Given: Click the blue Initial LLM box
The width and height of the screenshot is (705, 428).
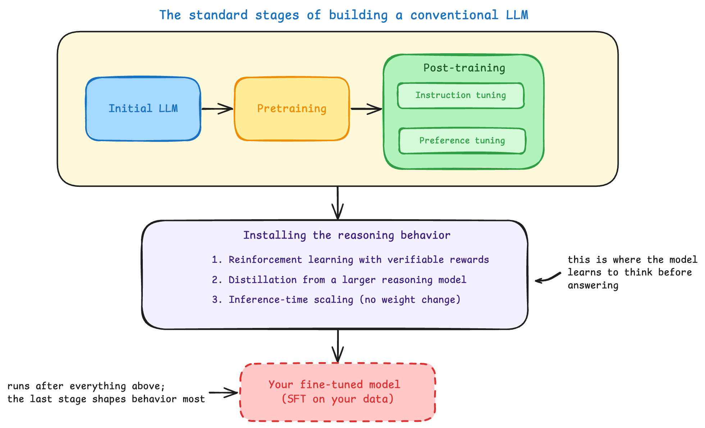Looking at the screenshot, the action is [143, 109].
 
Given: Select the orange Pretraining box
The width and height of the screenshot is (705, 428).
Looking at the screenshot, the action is [292, 109].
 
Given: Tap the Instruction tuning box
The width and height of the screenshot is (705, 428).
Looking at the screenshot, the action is [461, 95].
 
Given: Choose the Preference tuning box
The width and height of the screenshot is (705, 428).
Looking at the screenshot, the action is [462, 141].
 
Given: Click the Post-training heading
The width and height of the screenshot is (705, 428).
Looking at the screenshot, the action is [464, 68].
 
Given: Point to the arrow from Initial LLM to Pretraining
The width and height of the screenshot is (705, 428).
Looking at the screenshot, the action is [217, 109].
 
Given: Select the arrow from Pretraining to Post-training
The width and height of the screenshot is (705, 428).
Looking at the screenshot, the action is [366, 109].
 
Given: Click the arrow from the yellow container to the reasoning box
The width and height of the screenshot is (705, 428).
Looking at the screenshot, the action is [337, 203].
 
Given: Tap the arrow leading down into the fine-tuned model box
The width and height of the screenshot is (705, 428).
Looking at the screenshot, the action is [338, 346].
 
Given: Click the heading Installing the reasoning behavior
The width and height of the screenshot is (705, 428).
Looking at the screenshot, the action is [347, 235].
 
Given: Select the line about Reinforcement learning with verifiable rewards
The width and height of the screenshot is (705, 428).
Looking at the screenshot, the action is [350, 260].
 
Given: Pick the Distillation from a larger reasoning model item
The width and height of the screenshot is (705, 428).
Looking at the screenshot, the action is [339, 280].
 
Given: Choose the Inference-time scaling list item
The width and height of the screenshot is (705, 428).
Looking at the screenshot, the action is [336, 300].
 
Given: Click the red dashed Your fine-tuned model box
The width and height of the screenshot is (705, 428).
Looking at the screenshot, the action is [338, 392].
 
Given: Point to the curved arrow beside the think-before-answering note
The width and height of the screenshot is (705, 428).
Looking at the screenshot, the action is [547, 278].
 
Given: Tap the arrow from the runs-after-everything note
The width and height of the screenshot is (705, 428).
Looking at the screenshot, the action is [223, 393].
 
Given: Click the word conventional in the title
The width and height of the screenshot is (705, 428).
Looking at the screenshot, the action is [454, 15].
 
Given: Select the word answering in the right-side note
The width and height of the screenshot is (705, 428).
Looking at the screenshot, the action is [593, 285].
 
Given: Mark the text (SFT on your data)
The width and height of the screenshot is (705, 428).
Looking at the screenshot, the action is [337, 399].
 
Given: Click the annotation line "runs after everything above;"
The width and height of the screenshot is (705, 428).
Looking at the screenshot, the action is [86, 386].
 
